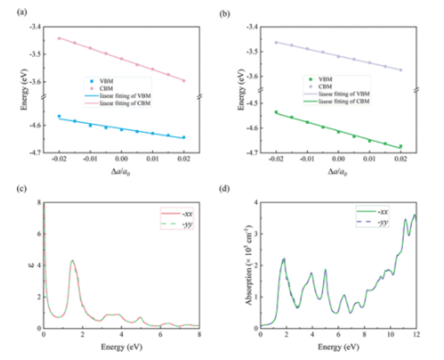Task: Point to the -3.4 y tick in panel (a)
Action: (x=35, y=27)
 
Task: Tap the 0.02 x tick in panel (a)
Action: (x=184, y=161)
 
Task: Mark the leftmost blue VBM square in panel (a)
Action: (x=59, y=116)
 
